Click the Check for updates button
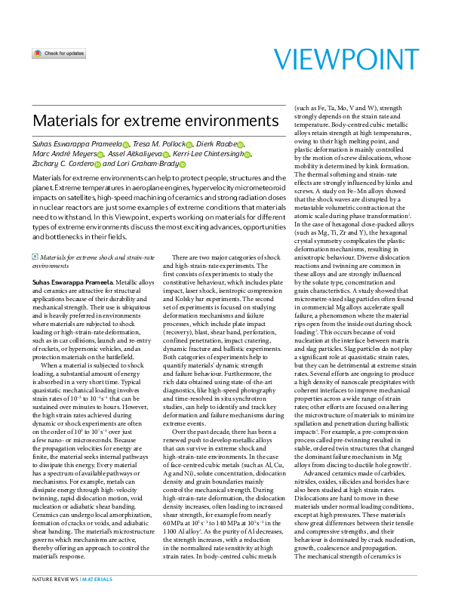click(x=59, y=54)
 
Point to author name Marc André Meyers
click(x=63, y=154)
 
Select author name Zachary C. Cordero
click(x=61, y=164)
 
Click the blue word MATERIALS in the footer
click(x=97, y=579)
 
